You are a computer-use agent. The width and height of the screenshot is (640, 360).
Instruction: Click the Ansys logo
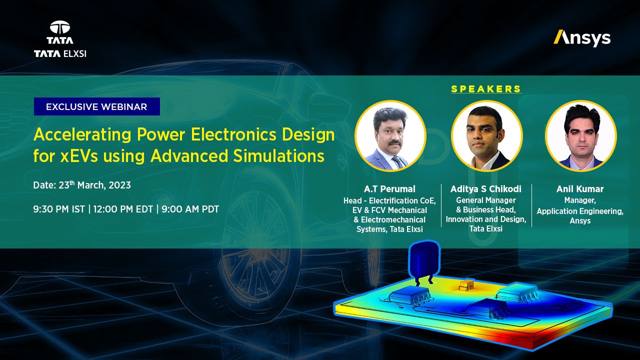582,38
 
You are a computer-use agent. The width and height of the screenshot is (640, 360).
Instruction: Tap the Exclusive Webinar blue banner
96,106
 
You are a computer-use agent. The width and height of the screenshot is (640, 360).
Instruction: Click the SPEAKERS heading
486,89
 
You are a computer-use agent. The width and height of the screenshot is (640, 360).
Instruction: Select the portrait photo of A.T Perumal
390,136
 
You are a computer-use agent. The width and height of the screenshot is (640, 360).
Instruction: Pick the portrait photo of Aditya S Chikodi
486,136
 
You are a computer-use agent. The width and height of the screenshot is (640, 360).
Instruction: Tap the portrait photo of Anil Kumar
580,136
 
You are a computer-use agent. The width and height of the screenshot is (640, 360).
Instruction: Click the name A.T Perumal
389,189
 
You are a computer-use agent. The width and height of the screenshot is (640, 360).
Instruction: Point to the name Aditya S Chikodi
486,189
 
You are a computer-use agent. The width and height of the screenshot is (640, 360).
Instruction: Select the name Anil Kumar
580,189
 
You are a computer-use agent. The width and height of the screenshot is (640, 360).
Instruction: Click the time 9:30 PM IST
59,209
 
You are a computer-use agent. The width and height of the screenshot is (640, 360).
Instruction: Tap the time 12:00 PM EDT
122,209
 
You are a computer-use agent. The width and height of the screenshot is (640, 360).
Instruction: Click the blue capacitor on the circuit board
423,262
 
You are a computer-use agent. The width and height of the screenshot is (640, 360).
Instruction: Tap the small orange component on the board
466,285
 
